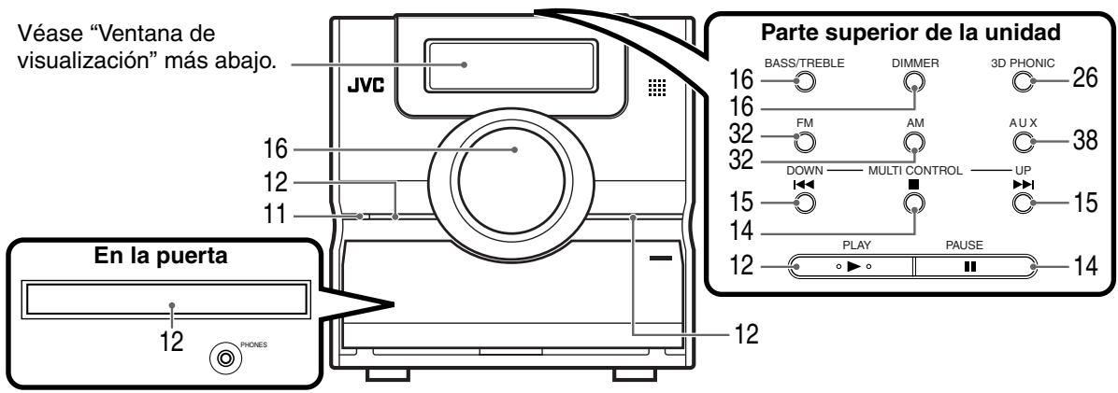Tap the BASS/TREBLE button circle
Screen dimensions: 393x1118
800,81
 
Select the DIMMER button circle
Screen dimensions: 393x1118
913,81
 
